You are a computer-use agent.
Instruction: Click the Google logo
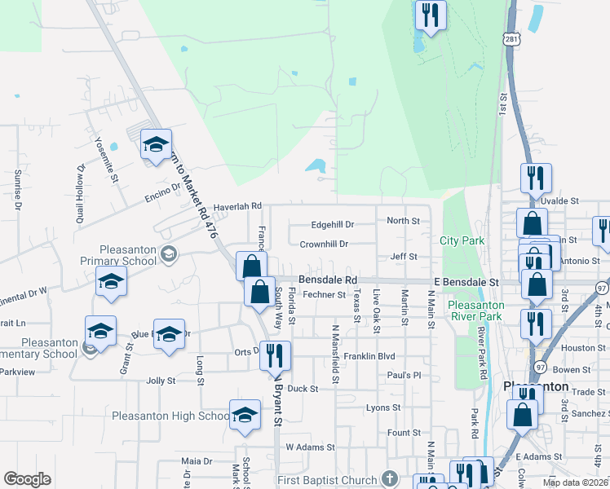tap(28, 479)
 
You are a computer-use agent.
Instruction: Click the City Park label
tap(462, 240)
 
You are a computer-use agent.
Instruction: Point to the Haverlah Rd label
tap(237, 207)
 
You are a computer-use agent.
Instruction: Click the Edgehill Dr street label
tap(333, 224)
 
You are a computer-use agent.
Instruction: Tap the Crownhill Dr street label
tap(324, 244)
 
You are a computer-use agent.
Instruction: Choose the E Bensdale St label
tap(466, 281)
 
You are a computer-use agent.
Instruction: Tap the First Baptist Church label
tap(326, 480)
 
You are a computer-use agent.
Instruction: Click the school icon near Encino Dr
tap(156, 144)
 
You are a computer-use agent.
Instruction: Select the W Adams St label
tap(310, 447)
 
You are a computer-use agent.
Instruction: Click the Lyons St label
tap(383, 407)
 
